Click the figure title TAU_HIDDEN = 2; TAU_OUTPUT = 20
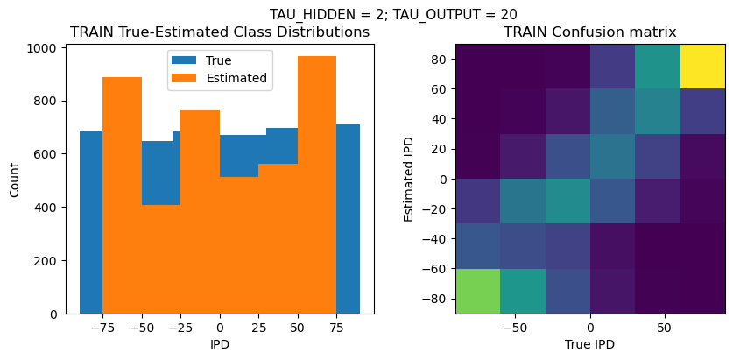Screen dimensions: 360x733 (x=392, y=14)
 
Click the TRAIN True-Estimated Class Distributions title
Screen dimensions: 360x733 (x=219, y=32)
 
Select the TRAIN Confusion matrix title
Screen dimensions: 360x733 (x=589, y=32)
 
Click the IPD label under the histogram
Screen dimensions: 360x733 (x=219, y=344)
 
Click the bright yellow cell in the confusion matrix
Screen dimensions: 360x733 (x=703, y=66)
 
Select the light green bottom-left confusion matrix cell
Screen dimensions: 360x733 (x=477, y=291)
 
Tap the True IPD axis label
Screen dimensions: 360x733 (x=589, y=344)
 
